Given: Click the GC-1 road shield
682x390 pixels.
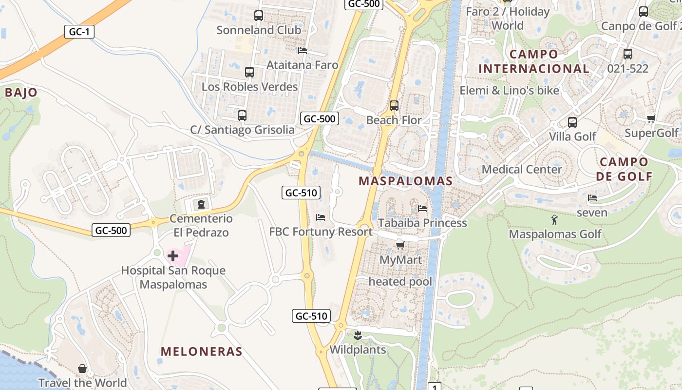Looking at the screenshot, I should (79, 32).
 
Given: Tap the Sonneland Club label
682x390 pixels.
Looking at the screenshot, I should (259, 30).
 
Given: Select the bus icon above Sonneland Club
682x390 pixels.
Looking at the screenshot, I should (259, 16).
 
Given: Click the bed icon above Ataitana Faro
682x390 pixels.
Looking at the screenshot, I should (302, 51).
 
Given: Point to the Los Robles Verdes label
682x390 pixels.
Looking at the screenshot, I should (249, 87).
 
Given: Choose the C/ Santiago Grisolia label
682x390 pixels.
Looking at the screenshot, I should (242, 130).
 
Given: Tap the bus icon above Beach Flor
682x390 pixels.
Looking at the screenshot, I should (394, 105).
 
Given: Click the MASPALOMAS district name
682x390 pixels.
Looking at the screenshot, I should (406, 181).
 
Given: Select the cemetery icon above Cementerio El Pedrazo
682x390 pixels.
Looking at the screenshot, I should (201, 204).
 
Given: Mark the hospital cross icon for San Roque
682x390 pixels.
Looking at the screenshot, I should (173, 256).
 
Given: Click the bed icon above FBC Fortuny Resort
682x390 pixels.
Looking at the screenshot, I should (321, 217).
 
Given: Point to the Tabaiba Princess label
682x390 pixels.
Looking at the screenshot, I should (422, 223).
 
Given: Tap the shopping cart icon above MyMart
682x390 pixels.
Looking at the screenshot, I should (400, 245).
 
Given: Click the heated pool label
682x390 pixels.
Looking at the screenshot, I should (400, 281).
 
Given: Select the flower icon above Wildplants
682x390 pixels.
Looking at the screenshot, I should (358, 335).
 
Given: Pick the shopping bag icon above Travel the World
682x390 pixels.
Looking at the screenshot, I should (82, 369).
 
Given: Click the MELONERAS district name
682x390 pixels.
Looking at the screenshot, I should (201, 351).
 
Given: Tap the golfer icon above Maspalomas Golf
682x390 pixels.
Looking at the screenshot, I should (554, 220).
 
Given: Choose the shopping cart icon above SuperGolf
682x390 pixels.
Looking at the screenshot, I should (651, 119).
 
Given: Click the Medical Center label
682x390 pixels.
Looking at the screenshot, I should (522, 169).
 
